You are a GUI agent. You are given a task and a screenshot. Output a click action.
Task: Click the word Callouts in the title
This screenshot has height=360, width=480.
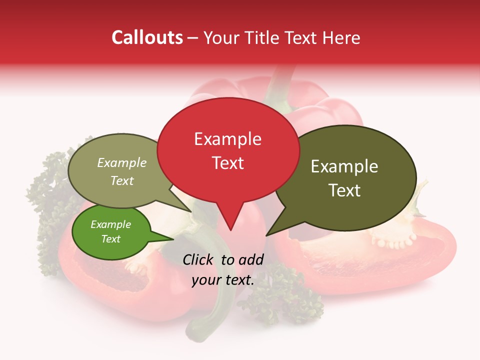tap(147, 37)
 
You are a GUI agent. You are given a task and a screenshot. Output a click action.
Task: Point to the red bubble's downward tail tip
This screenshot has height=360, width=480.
tap(230, 229)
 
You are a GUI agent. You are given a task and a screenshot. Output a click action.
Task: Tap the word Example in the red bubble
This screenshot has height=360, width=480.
tap(227, 139)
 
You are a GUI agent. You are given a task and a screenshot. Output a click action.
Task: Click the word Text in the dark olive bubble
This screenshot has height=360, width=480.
tap(344, 190)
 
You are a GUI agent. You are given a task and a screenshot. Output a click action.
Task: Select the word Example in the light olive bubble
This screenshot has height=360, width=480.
tap(122, 163)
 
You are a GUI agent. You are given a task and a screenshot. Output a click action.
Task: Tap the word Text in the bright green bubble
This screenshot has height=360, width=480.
tap(110, 239)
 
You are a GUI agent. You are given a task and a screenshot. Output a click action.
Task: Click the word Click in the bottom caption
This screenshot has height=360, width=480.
tap(198, 259)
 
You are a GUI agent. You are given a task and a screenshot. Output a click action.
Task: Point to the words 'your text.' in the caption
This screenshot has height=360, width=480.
tap(223, 280)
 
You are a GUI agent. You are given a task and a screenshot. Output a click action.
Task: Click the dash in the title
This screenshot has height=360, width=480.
tap(193, 37)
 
